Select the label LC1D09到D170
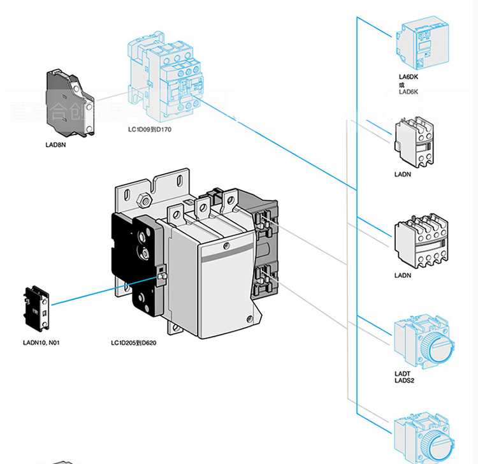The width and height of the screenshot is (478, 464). pos(150,130)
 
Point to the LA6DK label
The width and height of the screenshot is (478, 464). pos(408,77)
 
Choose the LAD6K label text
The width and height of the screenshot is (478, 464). pos(409,92)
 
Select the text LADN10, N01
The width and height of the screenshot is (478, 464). pos(41,342)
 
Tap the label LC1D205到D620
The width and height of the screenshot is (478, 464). pos(133,342)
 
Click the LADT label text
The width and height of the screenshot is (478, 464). pos(402,375)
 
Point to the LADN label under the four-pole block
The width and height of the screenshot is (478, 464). pos(403,276)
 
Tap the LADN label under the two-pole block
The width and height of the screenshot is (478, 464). pos(403,173)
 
